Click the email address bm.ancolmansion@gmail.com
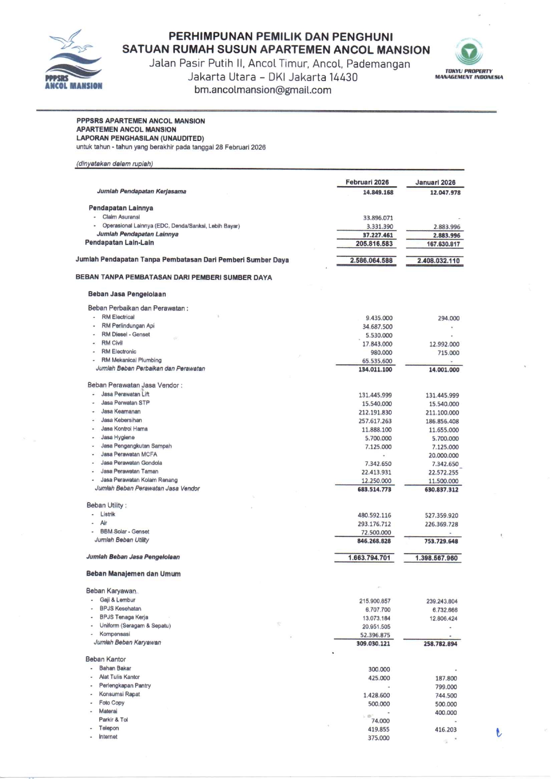(263, 90)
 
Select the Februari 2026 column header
(367, 182)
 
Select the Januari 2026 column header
(435, 183)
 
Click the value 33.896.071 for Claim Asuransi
(378, 218)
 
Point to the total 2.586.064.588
(371, 260)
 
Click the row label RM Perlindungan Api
(128, 326)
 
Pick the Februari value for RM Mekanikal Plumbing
(377, 361)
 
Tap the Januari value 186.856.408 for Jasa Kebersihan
(442, 421)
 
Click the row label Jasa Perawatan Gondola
(131, 463)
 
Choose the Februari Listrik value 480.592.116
(374, 515)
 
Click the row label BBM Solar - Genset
(124, 531)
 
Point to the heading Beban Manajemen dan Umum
(133, 574)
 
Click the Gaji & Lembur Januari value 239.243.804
(441, 601)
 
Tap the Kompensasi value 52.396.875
(375, 635)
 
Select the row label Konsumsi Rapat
(119, 694)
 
